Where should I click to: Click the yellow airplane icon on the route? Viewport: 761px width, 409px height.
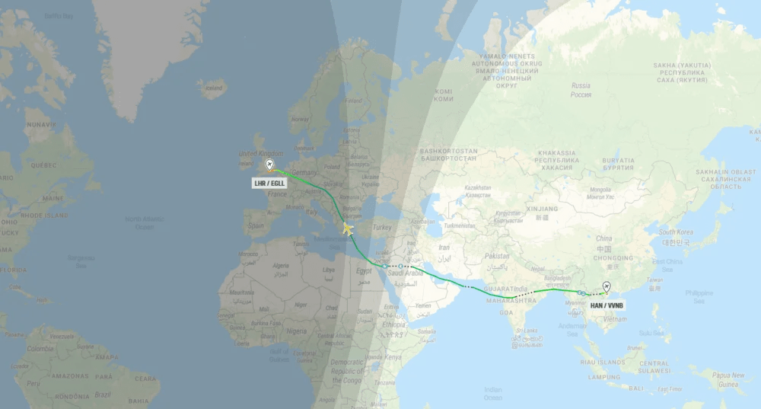pos(348,228)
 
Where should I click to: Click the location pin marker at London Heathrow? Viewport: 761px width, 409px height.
pos(269,165)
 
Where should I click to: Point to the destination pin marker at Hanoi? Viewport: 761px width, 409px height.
pos(606,287)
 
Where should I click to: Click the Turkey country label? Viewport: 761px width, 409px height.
pos(382,228)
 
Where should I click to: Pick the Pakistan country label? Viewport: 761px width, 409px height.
pos(496,256)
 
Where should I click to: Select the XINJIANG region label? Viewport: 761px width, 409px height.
pos(541,208)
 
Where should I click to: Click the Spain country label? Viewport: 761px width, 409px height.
pos(255,225)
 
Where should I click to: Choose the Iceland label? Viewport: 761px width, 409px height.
pos(214,88)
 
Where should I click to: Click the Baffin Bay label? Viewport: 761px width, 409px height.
pos(58,15)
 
